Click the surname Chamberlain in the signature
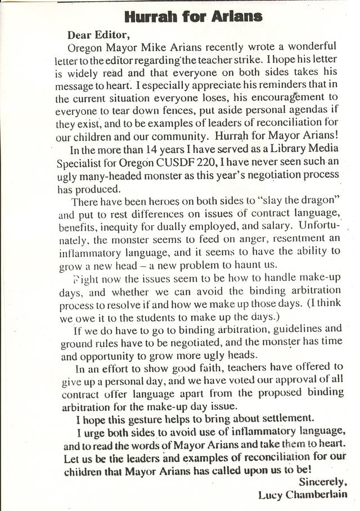click(x=318, y=495)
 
